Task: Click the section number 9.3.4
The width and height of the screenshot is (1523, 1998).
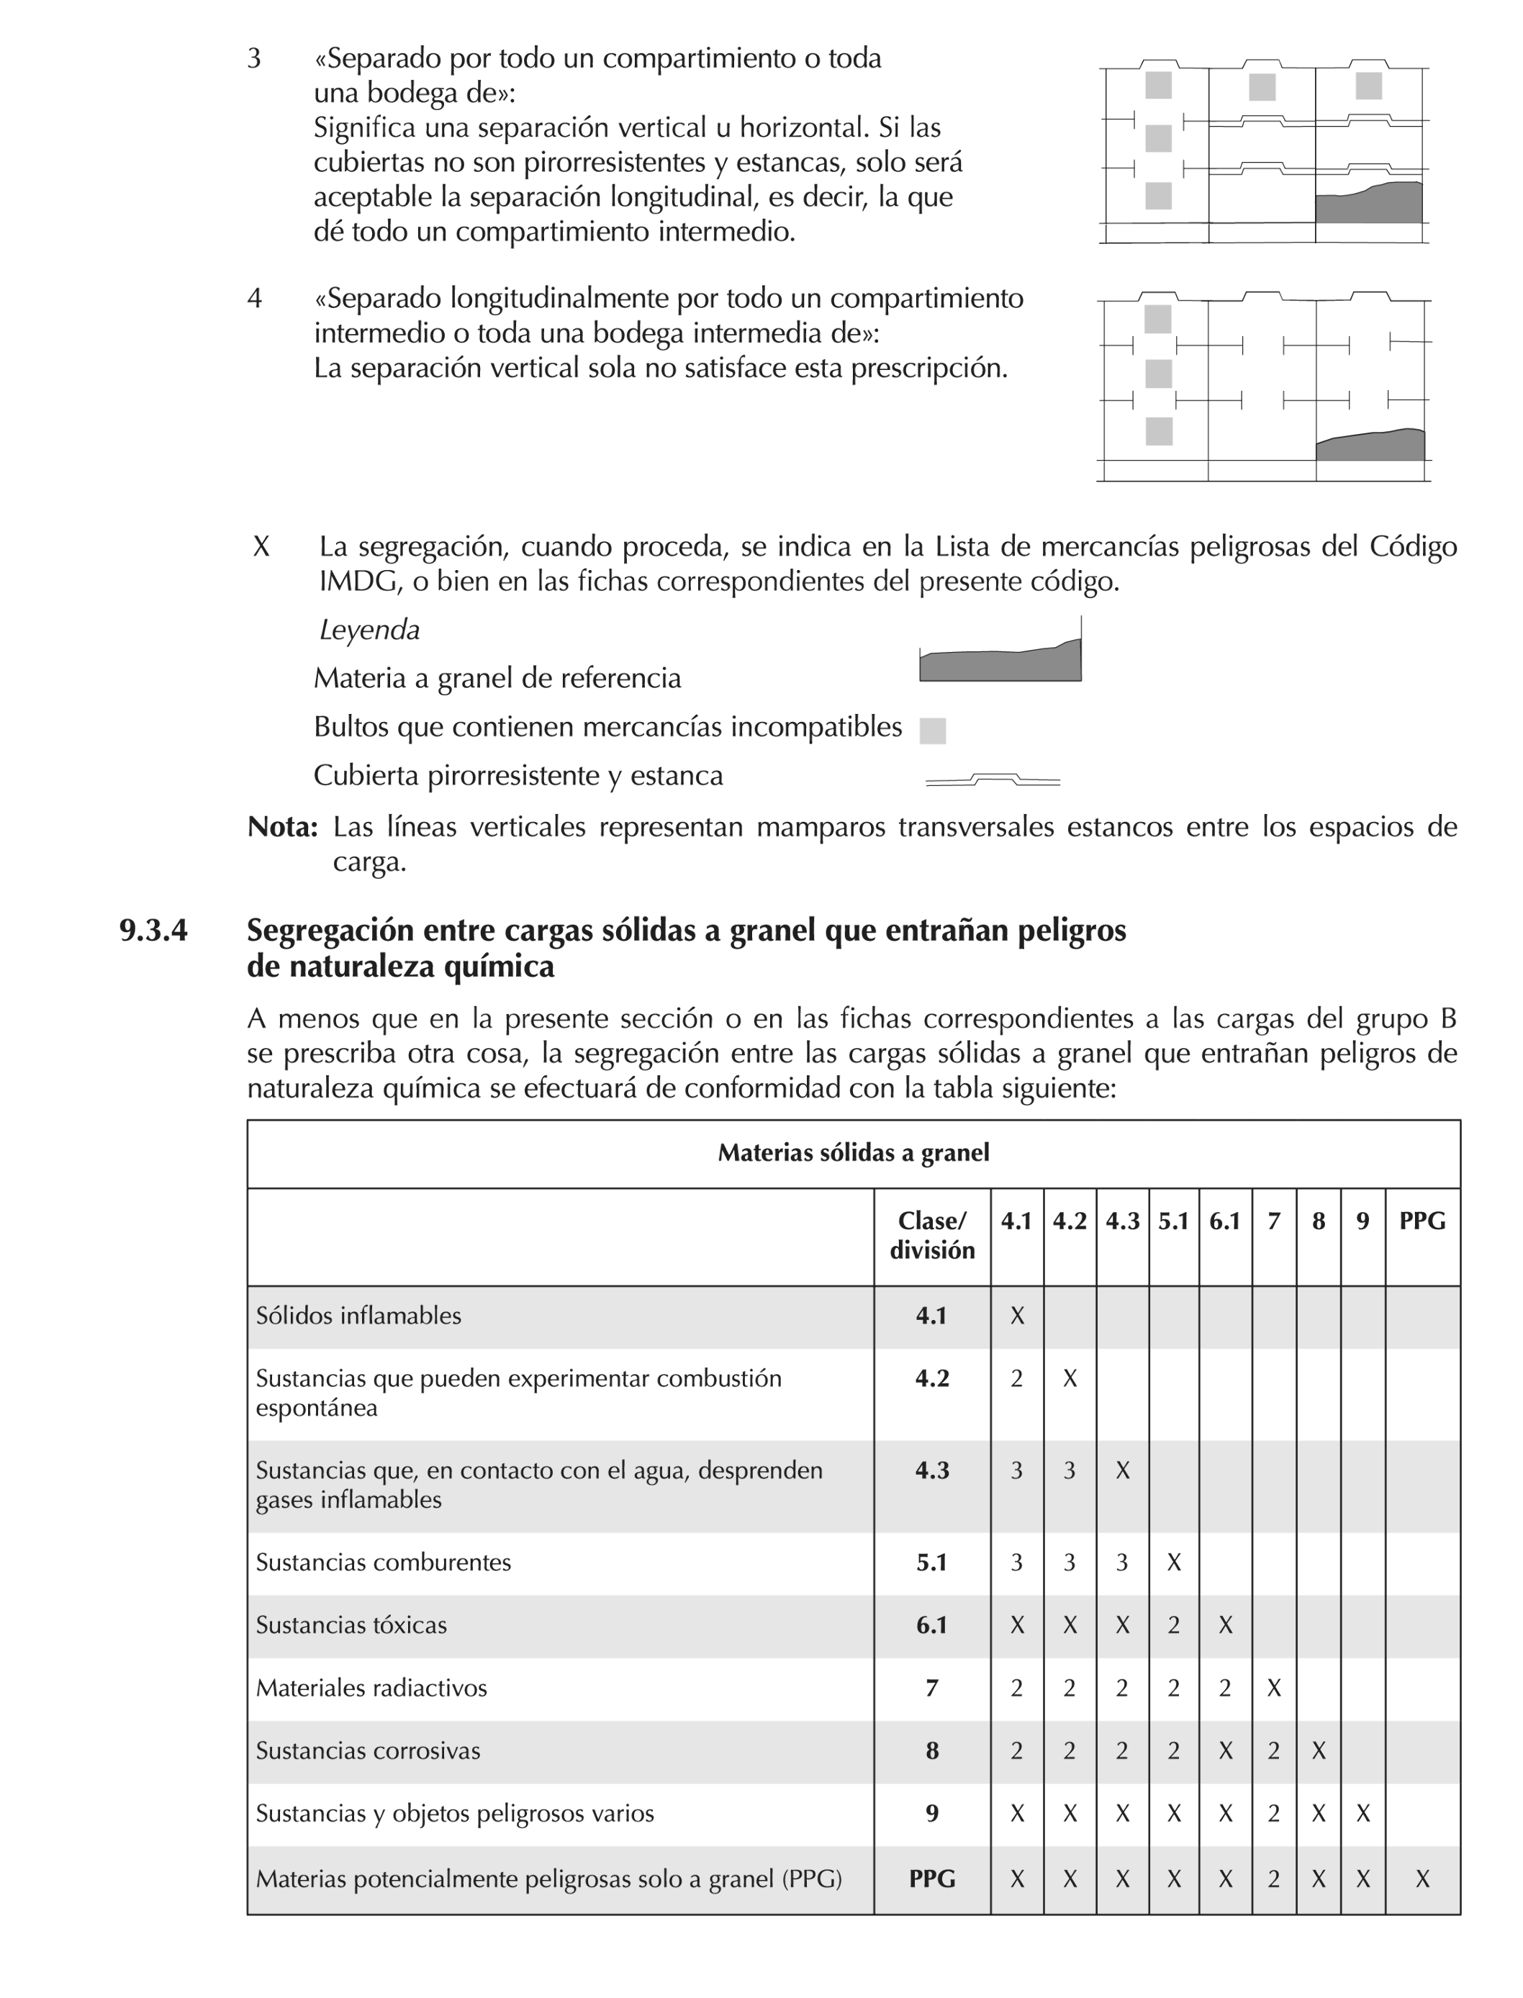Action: [x=153, y=931]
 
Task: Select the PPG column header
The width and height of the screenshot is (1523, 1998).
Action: [x=1422, y=1221]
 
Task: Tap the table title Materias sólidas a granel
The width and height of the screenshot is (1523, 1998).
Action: [x=853, y=1153]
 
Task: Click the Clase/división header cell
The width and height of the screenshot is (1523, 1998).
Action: [x=932, y=1236]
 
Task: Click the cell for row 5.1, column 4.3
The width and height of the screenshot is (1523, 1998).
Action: [x=1121, y=1562]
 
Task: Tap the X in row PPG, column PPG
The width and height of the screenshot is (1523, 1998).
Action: [x=1422, y=1879]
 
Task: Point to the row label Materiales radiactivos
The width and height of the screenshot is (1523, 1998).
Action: [x=371, y=1688]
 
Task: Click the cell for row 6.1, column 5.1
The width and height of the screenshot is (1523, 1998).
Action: [x=1173, y=1624]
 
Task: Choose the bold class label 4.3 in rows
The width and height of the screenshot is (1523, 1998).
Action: [x=932, y=1470]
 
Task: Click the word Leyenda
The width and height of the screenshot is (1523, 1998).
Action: [x=369, y=630]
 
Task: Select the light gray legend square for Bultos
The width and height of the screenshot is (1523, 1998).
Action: [x=932, y=731]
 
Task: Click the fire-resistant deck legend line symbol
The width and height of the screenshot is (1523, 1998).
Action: [x=993, y=779]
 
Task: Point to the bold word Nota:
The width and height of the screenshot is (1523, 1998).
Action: [x=282, y=827]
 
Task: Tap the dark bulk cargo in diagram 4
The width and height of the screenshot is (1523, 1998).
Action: [x=1370, y=445]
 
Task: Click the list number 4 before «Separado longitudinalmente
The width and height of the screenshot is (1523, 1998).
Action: [x=255, y=298]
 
